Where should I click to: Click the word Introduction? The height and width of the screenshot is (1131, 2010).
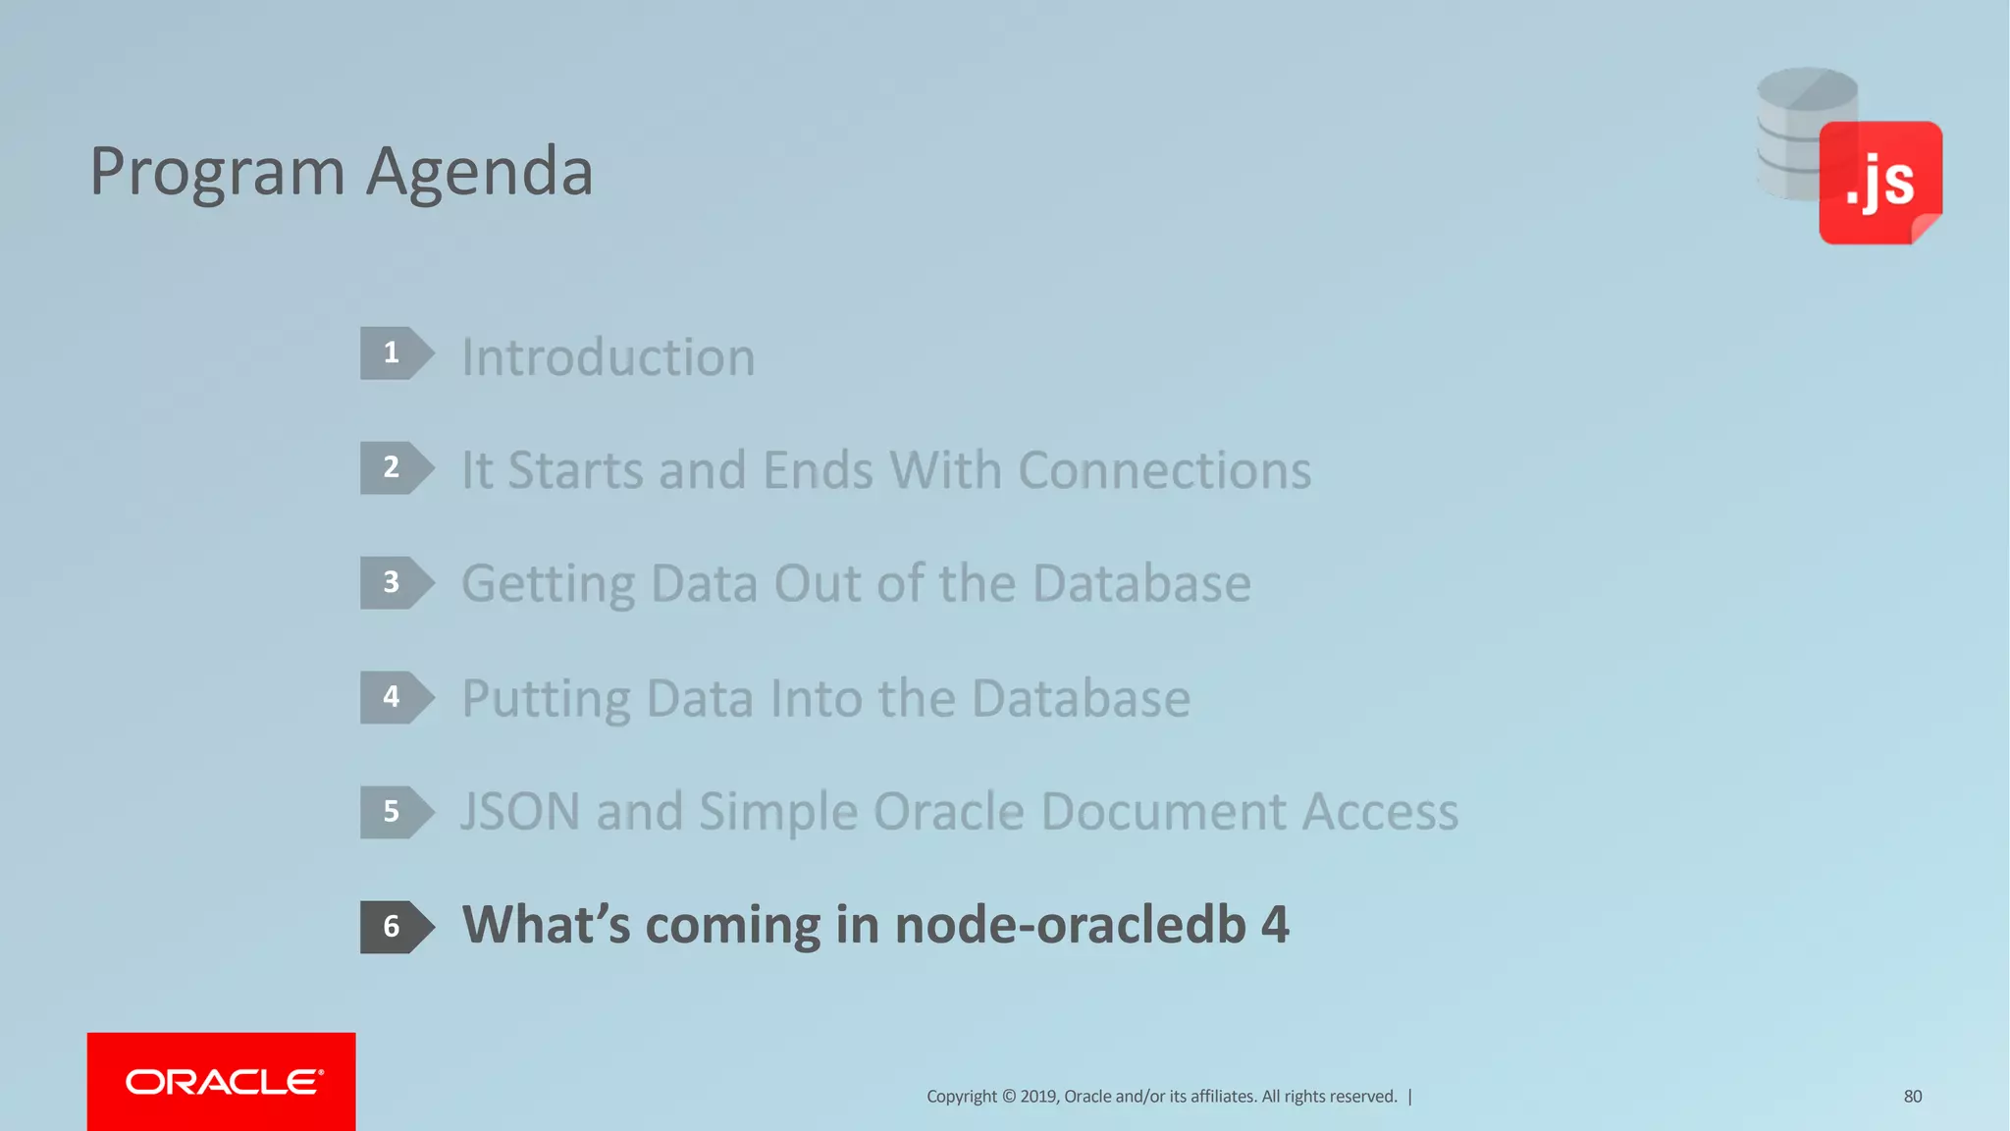coord(608,356)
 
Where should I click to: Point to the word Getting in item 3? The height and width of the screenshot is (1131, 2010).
coord(548,585)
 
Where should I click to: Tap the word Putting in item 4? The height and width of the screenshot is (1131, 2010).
coord(546,700)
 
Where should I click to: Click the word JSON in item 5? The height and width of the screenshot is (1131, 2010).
coord(520,812)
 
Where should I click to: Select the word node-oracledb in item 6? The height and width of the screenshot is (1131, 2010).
coord(1070,926)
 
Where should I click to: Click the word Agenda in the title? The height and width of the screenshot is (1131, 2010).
coord(479,172)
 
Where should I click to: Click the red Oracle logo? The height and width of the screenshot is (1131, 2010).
coord(222,1081)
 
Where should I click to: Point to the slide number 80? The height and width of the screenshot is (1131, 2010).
coord(1913,1097)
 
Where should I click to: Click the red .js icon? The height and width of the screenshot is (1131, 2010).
coord(1879,183)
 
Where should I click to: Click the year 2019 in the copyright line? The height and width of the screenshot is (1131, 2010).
coord(1038,1097)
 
